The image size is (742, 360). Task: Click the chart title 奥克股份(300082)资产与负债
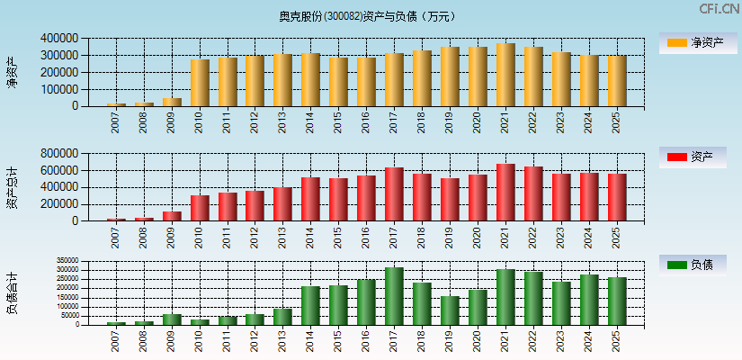(x=367, y=16)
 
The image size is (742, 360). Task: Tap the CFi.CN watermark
(x=720, y=9)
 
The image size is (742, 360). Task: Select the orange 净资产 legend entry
(x=693, y=42)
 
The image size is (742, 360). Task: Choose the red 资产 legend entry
(x=693, y=157)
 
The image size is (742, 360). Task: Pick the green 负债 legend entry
(x=693, y=265)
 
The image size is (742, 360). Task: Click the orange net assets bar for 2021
(x=505, y=75)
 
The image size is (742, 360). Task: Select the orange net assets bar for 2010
(x=200, y=83)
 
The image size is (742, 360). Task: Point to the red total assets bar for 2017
(x=394, y=194)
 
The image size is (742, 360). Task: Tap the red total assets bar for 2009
(x=172, y=216)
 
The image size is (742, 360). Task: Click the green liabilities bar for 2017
(x=394, y=296)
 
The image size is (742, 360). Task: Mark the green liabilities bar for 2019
(x=450, y=310)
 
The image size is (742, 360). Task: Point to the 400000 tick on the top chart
(x=59, y=39)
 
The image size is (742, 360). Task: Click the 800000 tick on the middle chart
(x=59, y=154)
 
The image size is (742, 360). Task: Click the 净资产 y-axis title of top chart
(x=12, y=72)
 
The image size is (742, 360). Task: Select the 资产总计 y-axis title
(x=12, y=187)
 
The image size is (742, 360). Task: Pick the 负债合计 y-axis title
(x=12, y=292)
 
